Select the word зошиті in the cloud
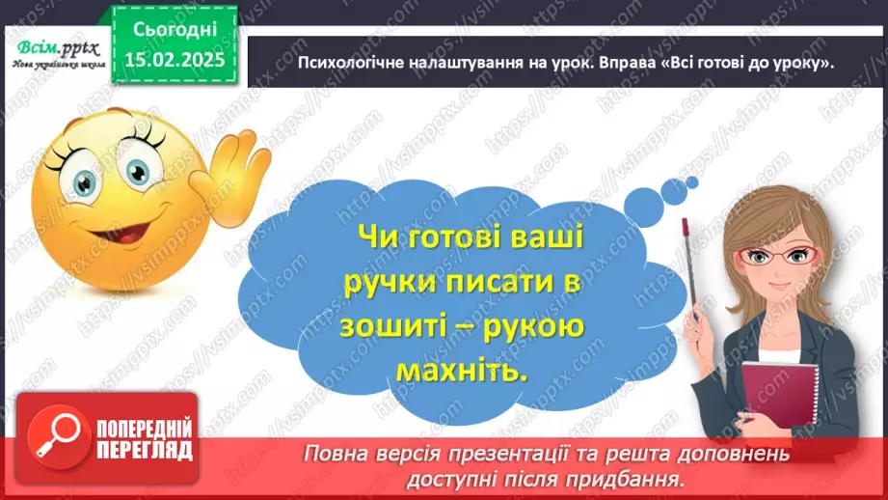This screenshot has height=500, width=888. click(x=389, y=327)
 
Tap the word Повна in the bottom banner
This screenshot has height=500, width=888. click(x=336, y=454)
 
